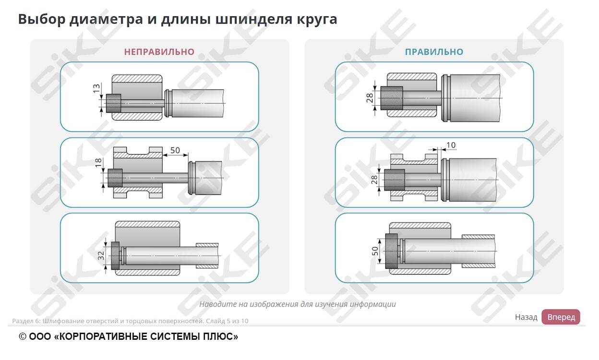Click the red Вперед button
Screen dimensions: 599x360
point(561,317)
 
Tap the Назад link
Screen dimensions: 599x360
point(526,317)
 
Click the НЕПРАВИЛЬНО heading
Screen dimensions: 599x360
point(159,52)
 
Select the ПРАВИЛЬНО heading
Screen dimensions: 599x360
point(434,52)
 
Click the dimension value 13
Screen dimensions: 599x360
point(96,88)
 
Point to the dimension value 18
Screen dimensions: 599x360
point(98,162)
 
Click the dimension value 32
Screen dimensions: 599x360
point(101,256)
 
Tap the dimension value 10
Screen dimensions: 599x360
point(451,145)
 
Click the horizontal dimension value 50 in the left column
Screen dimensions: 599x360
point(175,150)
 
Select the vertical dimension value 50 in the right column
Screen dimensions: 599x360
point(375,251)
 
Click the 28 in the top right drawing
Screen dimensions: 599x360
point(370,98)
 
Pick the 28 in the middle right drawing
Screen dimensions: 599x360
point(374,180)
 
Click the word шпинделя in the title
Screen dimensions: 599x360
point(254,19)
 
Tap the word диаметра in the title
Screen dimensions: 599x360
point(106,19)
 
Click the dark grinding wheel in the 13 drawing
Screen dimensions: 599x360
point(113,103)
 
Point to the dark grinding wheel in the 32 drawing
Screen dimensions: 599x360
point(115,256)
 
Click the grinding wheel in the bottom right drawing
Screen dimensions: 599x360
point(392,251)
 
